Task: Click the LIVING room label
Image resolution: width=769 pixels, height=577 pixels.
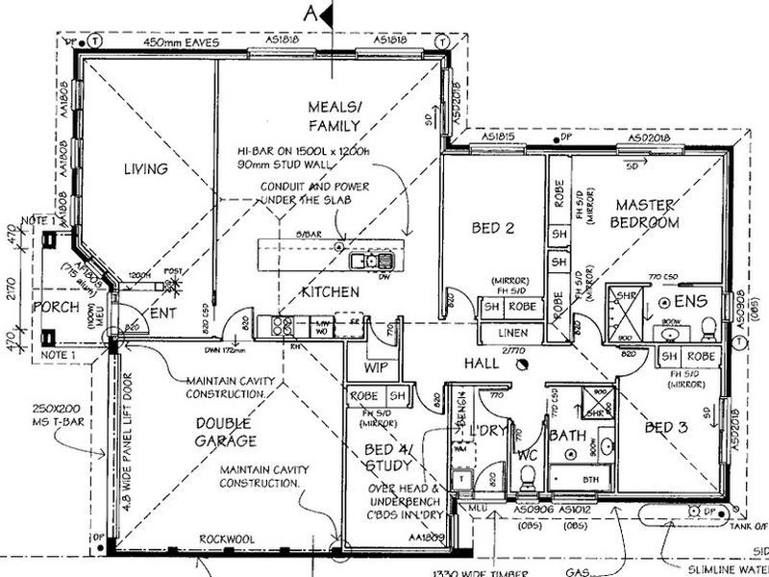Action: pyautogui.click(x=145, y=169)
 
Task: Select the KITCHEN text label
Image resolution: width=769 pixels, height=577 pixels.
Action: pyautogui.click(x=331, y=291)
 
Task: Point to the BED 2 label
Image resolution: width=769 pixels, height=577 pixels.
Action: pyautogui.click(x=494, y=228)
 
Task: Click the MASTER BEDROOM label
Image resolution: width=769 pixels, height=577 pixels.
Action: pyautogui.click(x=647, y=213)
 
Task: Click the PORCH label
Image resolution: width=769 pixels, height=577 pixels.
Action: pyautogui.click(x=56, y=307)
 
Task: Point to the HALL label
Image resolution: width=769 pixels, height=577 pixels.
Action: pyautogui.click(x=482, y=364)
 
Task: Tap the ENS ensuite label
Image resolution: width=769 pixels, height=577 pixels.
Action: pyautogui.click(x=690, y=302)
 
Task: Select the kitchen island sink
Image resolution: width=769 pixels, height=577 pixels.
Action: pyautogui.click(x=370, y=260)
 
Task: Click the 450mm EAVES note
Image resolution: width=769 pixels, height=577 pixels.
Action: pyautogui.click(x=182, y=42)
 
